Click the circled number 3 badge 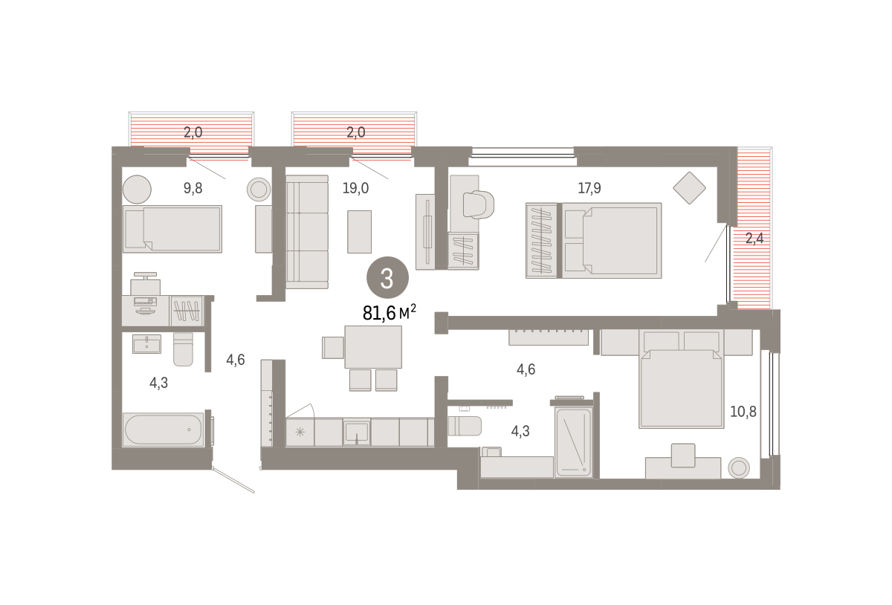tap(387, 278)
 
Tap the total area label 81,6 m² tap(389, 313)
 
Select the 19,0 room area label tap(355, 188)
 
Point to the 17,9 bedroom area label tap(589, 188)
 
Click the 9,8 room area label tap(193, 188)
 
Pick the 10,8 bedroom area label tap(743, 412)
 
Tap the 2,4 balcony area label tap(754, 238)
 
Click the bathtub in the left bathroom tap(164, 430)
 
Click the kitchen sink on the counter tap(357, 432)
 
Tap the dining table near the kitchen tap(373, 347)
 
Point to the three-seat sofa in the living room tap(307, 232)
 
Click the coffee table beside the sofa tap(359, 232)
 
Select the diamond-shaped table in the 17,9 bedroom tap(689, 188)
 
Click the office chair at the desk tap(479, 204)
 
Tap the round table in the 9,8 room tap(137, 190)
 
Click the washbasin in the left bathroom tap(146, 343)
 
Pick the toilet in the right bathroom tap(465, 426)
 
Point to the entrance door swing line tap(233, 480)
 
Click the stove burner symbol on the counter tap(300, 432)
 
